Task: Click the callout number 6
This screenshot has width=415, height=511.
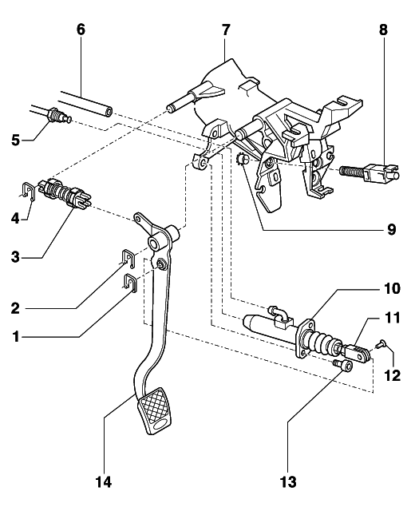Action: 81,30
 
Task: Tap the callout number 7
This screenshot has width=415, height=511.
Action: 226,30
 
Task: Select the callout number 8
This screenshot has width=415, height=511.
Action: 384,30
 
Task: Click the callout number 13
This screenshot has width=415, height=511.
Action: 288,481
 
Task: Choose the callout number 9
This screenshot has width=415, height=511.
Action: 391,229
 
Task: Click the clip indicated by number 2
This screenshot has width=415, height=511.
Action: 128,258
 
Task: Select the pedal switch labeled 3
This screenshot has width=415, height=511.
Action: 63,195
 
